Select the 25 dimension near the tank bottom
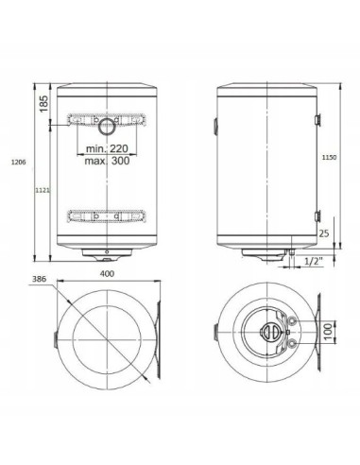coord(324,232)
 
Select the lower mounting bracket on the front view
coord(105,216)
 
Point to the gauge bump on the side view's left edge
coord(215,123)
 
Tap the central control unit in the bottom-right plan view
coord(270,332)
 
